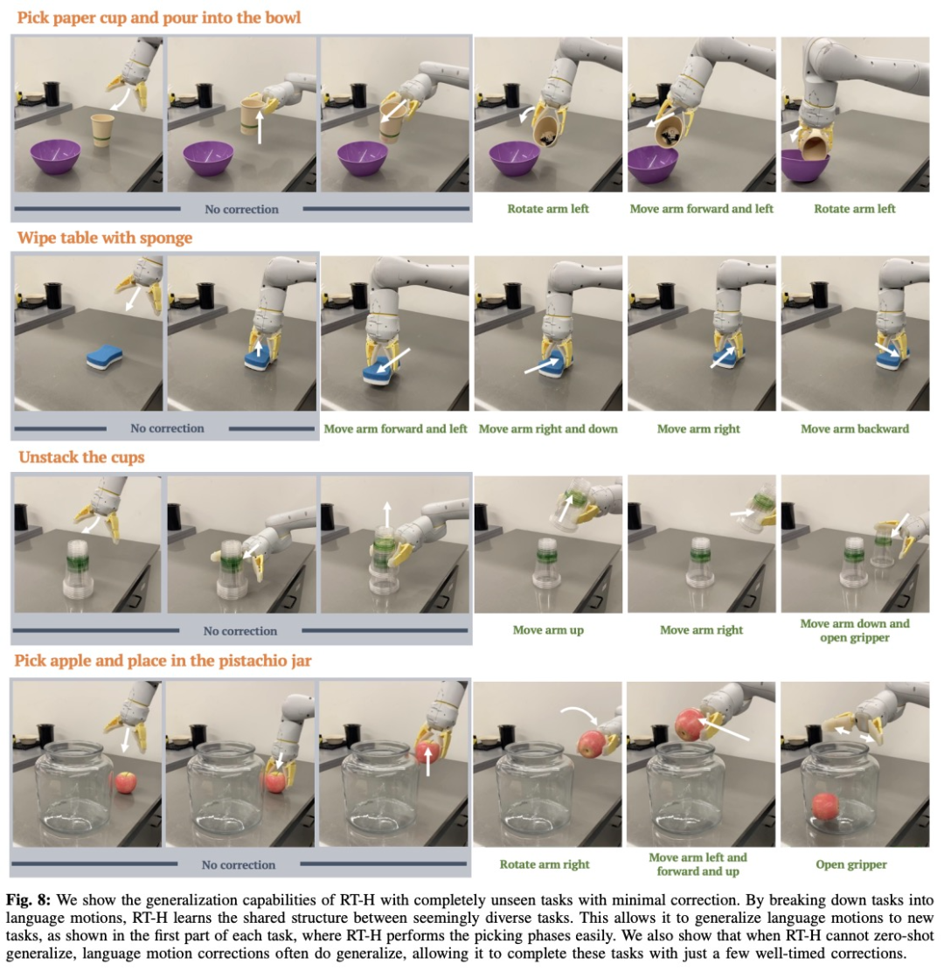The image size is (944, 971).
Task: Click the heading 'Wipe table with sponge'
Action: click(x=105, y=238)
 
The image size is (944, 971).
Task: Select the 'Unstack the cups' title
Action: click(x=81, y=457)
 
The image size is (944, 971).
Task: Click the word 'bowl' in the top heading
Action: click(x=284, y=17)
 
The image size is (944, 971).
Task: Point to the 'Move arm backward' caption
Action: click(x=855, y=428)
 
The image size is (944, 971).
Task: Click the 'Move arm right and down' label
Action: click(x=548, y=428)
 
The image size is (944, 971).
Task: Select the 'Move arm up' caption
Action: click(x=548, y=630)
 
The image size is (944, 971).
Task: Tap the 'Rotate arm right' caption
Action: click(x=545, y=863)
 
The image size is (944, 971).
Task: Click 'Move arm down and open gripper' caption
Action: click(x=855, y=630)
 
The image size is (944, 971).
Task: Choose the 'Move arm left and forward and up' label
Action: click(x=698, y=863)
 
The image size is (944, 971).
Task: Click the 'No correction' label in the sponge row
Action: click(x=167, y=428)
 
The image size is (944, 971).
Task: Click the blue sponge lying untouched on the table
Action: click(x=105, y=358)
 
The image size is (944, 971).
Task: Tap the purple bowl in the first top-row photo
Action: click(x=56, y=157)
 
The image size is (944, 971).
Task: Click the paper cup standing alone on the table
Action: click(x=103, y=130)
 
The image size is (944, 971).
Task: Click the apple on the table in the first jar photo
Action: click(x=126, y=783)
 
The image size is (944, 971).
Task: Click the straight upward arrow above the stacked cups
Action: click(x=387, y=514)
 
